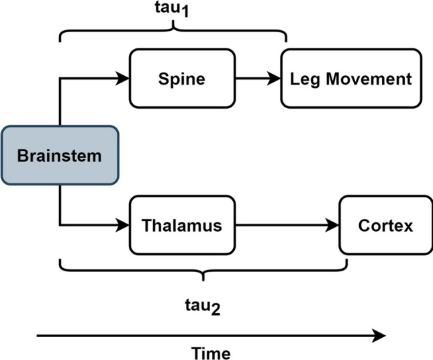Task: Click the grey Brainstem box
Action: pyautogui.click(x=60, y=156)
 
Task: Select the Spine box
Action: pyautogui.click(x=181, y=79)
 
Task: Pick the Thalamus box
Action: pyautogui.click(x=181, y=225)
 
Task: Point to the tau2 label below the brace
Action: pyautogui.click(x=202, y=306)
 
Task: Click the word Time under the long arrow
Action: pyautogui.click(x=211, y=353)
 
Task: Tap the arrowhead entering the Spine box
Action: pyautogui.click(x=123, y=79)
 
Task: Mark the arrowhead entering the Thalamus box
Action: pyautogui.click(x=123, y=225)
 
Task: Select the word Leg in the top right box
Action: pyautogui.click(x=301, y=79)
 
